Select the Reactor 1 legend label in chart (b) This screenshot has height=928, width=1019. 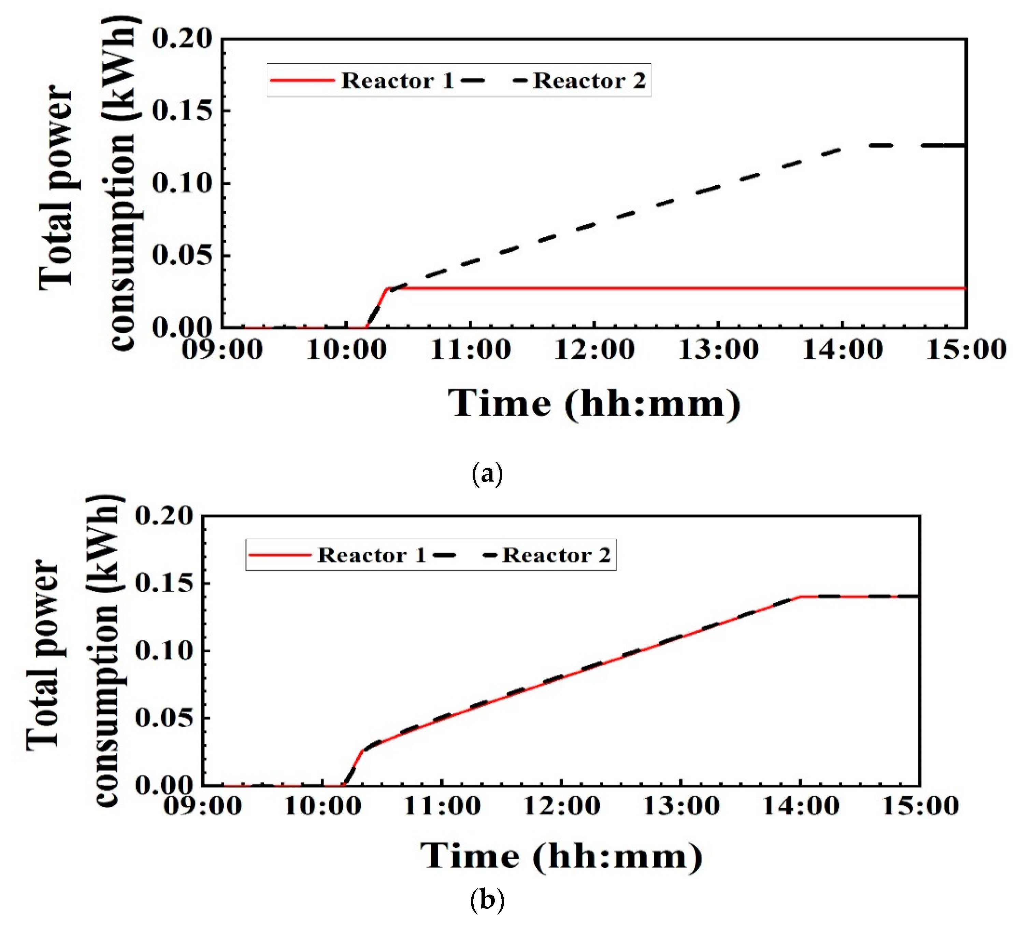372,555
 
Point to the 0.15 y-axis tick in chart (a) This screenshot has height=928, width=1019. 182,111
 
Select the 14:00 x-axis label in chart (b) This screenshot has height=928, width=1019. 801,805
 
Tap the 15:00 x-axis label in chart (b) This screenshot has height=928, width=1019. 920,805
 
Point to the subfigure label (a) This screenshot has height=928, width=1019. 487,474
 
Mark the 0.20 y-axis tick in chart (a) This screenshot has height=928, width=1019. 182,39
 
